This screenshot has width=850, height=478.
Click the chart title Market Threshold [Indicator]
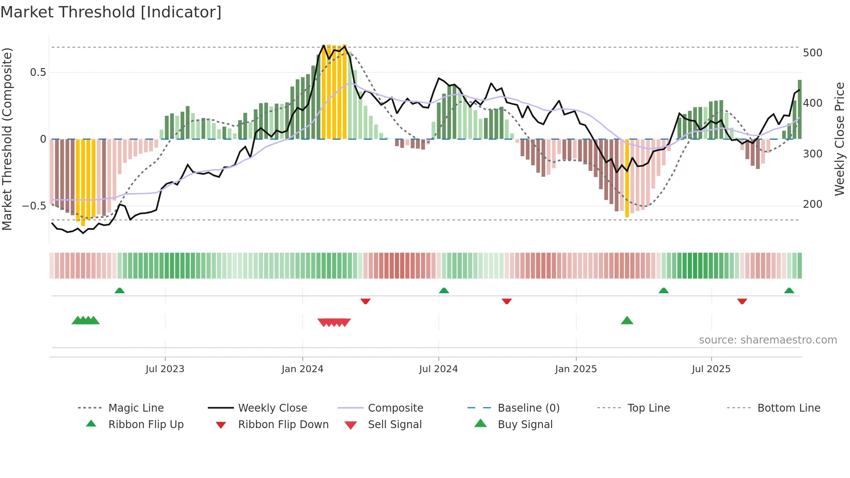[x=111, y=12]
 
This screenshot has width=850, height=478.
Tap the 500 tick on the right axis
[x=812, y=53]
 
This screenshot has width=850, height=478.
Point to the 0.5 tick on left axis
[x=38, y=72]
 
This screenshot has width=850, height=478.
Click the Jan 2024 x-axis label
[x=302, y=369]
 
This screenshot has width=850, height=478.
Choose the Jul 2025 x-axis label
[x=711, y=369]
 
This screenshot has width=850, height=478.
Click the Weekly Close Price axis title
[x=839, y=139]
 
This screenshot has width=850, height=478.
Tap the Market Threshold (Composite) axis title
[x=7, y=139]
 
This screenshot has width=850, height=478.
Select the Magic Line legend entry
[x=136, y=408]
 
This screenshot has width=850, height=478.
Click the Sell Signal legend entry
[x=394, y=425]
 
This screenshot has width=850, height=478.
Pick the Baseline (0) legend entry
[x=528, y=408]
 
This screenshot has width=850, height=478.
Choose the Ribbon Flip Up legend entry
[x=146, y=425]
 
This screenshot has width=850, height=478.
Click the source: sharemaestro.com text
[x=768, y=340]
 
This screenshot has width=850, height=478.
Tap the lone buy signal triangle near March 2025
[x=627, y=321]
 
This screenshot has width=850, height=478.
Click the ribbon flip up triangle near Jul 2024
[x=444, y=291]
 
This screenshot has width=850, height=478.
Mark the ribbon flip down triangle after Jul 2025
[x=742, y=301]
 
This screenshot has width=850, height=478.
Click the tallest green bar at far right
[x=800, y=109]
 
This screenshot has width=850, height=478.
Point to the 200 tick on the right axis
[x=812, y=204]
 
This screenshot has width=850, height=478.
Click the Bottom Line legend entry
[x=788, y=408]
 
